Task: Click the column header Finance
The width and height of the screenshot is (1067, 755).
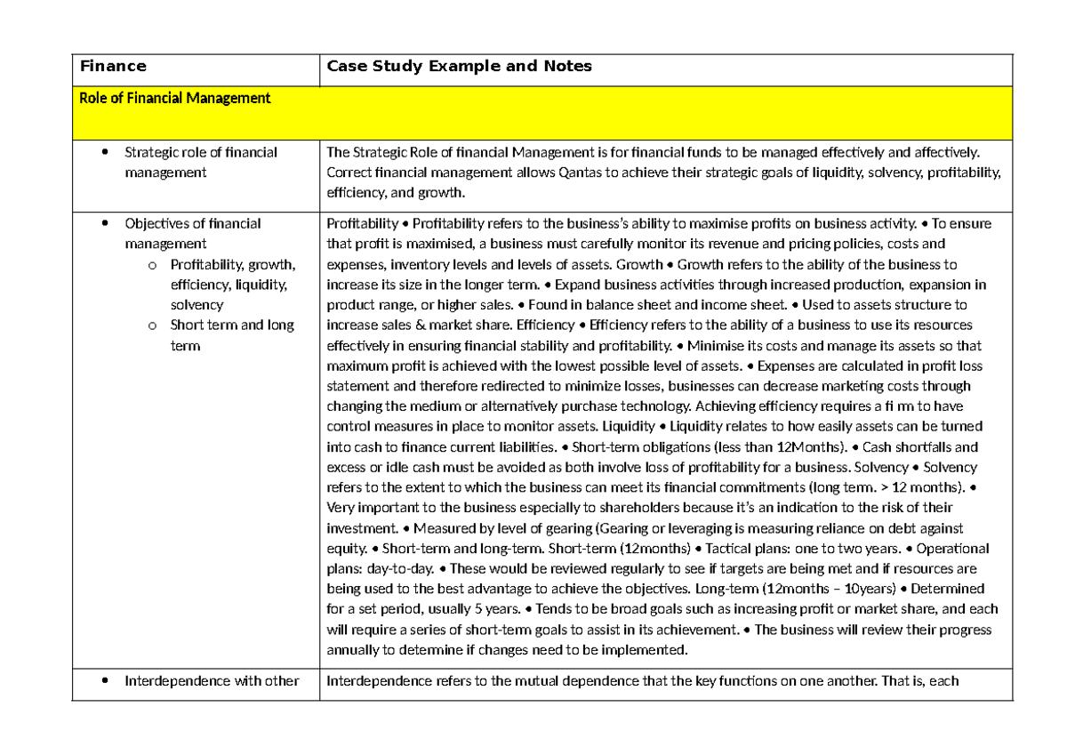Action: [x=113, y=66]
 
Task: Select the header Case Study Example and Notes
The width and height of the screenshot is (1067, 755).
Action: [x=459, y=66]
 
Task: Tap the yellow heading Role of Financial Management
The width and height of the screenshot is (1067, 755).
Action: [x=174, y=98]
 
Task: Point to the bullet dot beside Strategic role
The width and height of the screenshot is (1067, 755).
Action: [x=106, y=152]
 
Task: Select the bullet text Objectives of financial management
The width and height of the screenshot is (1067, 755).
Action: [x=193, y=233]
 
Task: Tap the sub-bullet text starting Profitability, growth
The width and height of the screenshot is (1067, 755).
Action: [x=231, y=285]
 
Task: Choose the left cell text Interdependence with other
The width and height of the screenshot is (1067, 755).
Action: [x=212, y=682]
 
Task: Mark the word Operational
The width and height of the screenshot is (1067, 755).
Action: [x=952, y=549]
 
